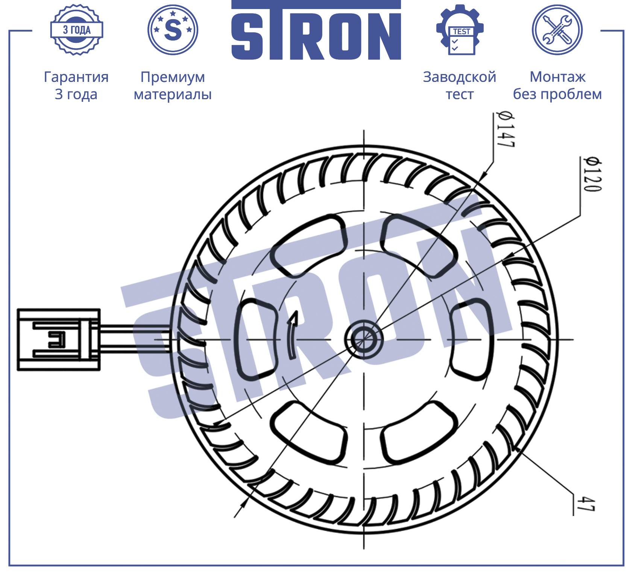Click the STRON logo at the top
click(316, 30)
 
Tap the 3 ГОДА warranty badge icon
click(77, 30)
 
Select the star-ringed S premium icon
click(173, 30)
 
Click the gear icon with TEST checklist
click(460, 30)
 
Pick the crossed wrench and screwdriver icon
click(557, 30)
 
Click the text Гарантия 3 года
click(76, 85)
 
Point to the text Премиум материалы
click(173, 85)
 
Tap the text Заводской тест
click(460, 85)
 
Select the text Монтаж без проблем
click(557, 85)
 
